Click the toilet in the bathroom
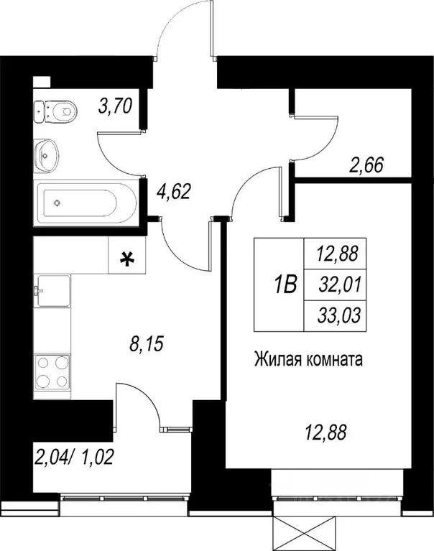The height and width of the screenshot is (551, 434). coord(57,111)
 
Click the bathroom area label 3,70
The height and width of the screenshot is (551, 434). coord(116,108)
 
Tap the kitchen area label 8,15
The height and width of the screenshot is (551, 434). coord(147,344)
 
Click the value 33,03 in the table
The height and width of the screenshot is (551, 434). coord(341,315)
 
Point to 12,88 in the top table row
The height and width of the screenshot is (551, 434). coord(341,253)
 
